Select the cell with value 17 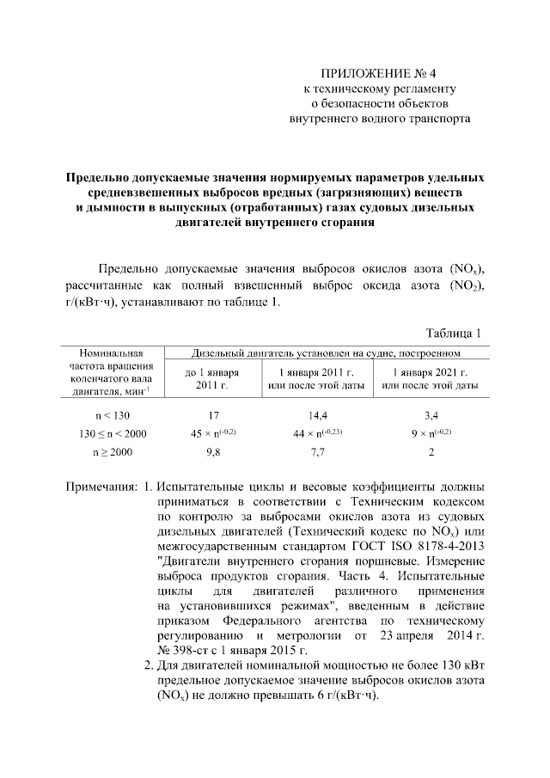point(212,414)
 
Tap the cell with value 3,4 point(430,414)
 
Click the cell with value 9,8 point(212,451)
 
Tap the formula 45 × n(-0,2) point(212,432)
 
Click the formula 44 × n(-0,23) point(317,432)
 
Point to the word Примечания point(101,487)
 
